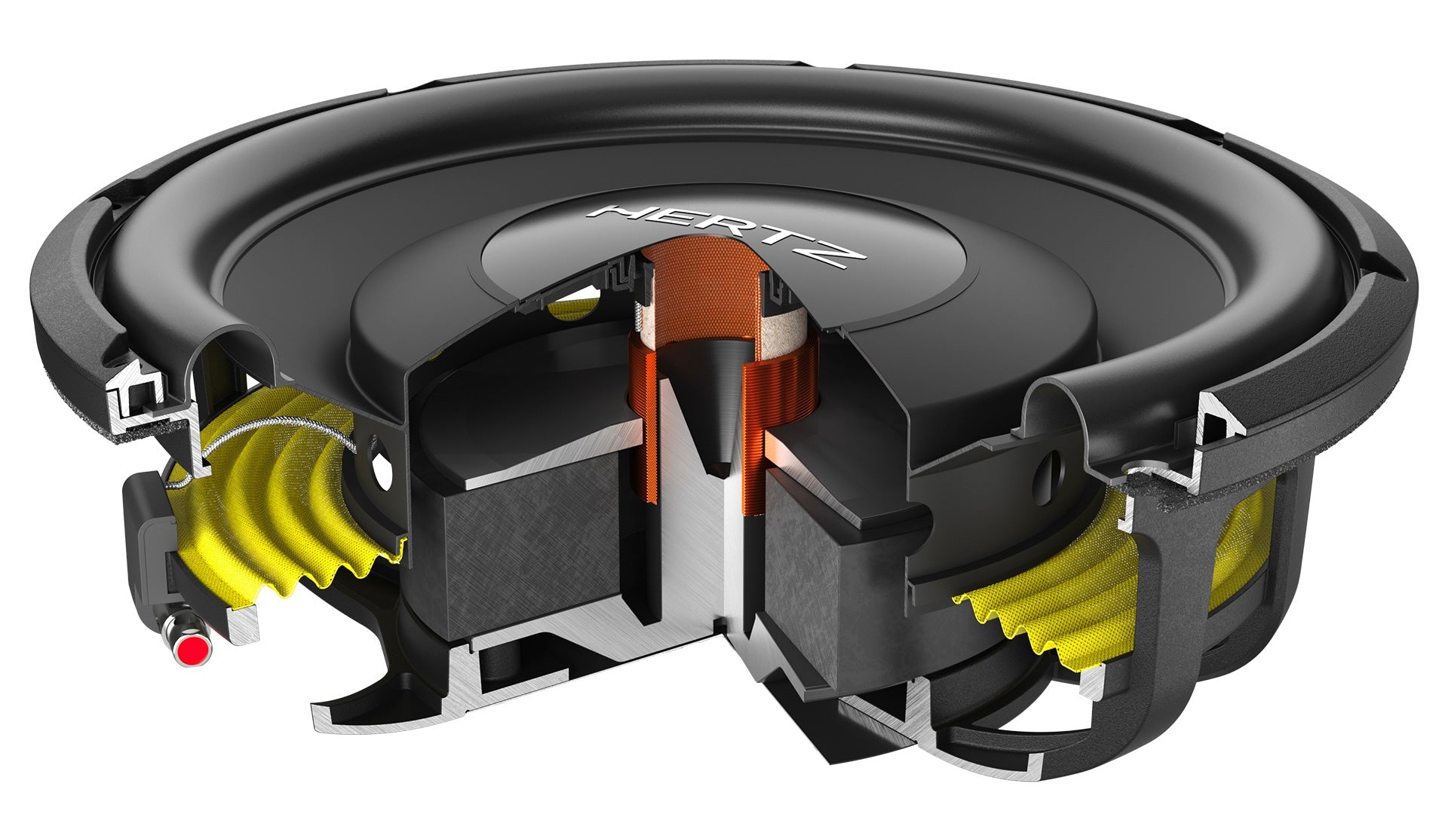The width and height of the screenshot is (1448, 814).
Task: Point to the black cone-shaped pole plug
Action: pyautogui.click(x=716, y=407)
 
